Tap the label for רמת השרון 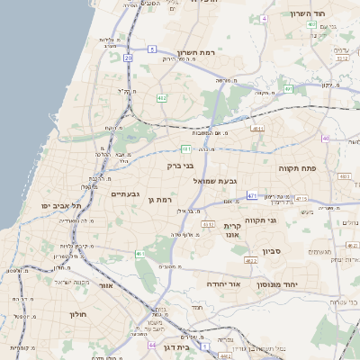(x=200, y=51)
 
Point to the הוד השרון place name (x=312, y=13)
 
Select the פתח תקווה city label (x=297, y=167)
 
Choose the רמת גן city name (x=160, y=199)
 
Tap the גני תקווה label (x=285, y=219)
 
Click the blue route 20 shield (x=129, y=58)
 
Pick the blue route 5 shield (x=153, y=49)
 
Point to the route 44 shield (x=152, y=345)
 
